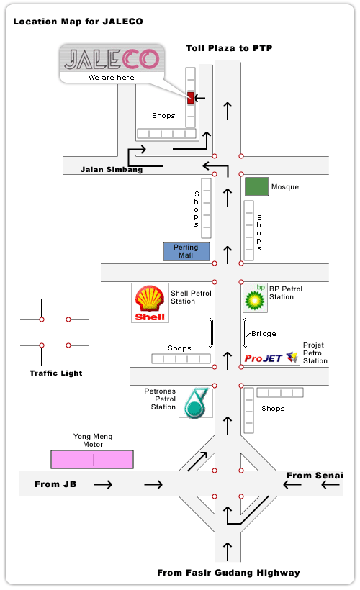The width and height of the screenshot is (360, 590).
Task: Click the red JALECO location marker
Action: coord(191,98)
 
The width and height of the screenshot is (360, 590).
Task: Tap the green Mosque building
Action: coord(257,186)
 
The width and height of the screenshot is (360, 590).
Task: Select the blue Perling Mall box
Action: coord(186,251)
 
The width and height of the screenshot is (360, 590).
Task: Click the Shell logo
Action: coord(150,304)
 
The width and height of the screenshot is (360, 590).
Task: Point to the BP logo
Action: coord(256,298)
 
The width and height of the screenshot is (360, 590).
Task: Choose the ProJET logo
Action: coord(271,358)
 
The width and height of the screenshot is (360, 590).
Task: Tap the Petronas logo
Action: coord(196,403)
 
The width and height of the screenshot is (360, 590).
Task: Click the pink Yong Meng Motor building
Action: coord(92,459)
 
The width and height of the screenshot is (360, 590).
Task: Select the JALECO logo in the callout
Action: coord(112,60)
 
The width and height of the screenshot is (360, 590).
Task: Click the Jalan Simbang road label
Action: coord(112,169)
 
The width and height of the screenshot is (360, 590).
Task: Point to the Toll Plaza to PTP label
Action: coord(229,48)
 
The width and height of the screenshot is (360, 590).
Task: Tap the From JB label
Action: coord(55,484)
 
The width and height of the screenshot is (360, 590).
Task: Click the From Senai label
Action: coord(315,476)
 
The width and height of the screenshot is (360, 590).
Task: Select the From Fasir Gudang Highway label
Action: coord(228,573)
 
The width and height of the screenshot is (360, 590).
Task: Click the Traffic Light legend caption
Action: coord(55,373)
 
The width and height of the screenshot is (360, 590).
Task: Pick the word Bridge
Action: coord(264,334)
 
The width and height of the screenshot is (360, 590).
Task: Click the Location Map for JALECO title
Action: coord(78,22)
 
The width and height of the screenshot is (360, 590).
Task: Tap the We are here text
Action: coord(111,78)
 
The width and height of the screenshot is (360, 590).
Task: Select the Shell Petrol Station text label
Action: coord(191,297)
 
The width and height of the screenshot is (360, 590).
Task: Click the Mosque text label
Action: coord(285,187)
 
